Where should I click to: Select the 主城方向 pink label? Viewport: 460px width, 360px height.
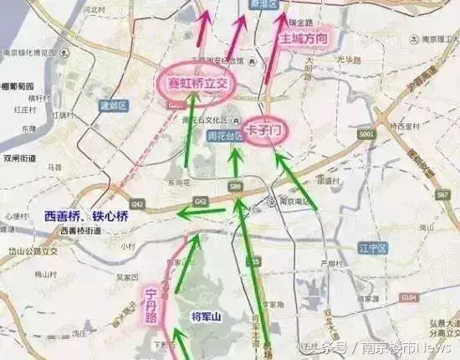[x=304, y=38]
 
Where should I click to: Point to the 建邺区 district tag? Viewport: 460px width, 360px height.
[x=112, y=105]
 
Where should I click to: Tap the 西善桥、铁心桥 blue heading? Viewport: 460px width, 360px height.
[x=87, y=215]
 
